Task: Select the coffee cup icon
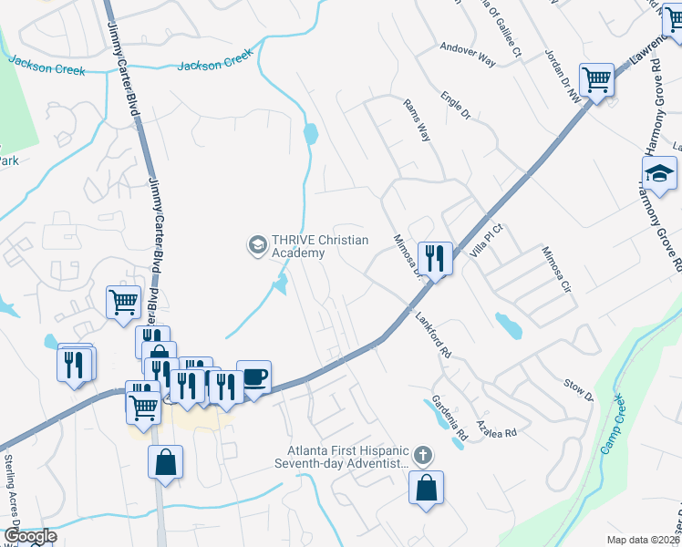(x=253, y=377)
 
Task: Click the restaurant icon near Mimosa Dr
(x=435, y=258)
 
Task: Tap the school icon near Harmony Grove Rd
(x=659, y=171)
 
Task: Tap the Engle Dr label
(x=453, y=105)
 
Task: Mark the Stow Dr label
(x=578, y=389)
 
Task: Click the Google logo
(x=29, y=536)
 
